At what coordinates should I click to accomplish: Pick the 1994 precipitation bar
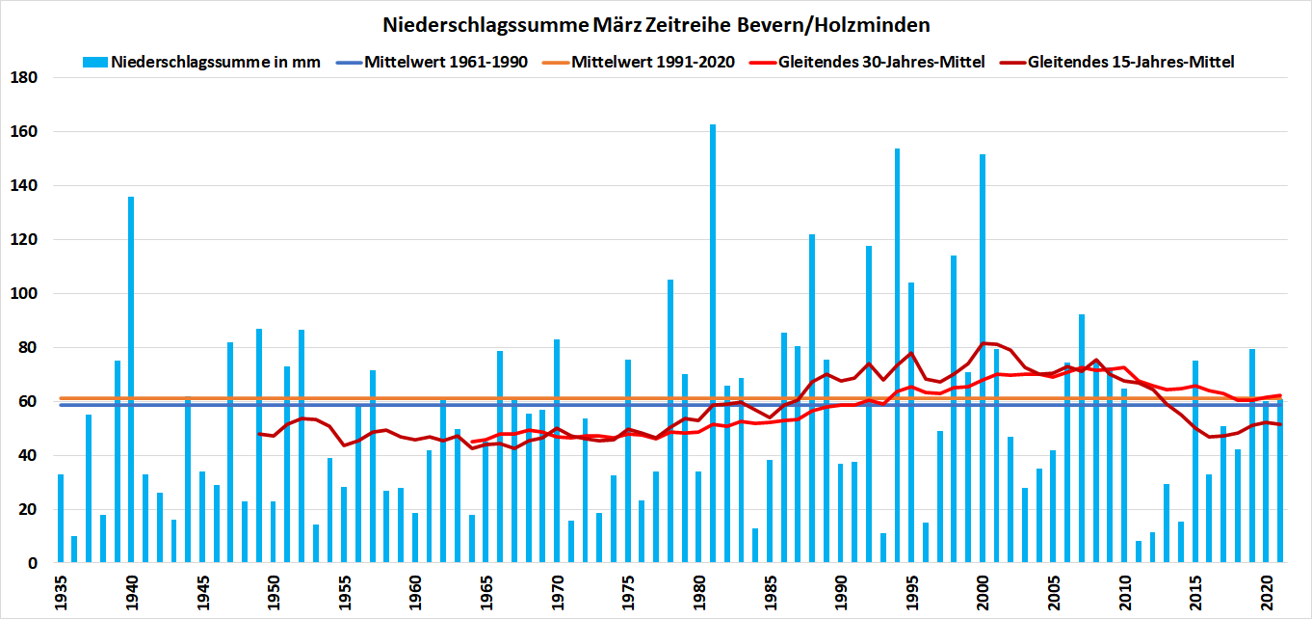(x=897, y=356)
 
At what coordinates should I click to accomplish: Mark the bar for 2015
(x=1194, y=462)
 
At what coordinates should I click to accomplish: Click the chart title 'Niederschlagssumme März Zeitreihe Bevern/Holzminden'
(x=655, y=23)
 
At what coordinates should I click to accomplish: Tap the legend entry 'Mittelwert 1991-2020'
(x=653, y=63)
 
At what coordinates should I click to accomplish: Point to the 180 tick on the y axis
(x=25, y=77)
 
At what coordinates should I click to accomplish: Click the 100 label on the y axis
(x=25, y=293)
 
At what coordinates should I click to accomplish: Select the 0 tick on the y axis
(x=32, y=563)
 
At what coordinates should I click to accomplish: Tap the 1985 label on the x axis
(x=770, y=587)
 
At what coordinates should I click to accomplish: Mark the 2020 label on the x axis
(x=1266, y=587)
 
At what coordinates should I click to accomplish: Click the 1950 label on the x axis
(x=274, y=587)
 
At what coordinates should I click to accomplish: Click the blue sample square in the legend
(x=92, y=63)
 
